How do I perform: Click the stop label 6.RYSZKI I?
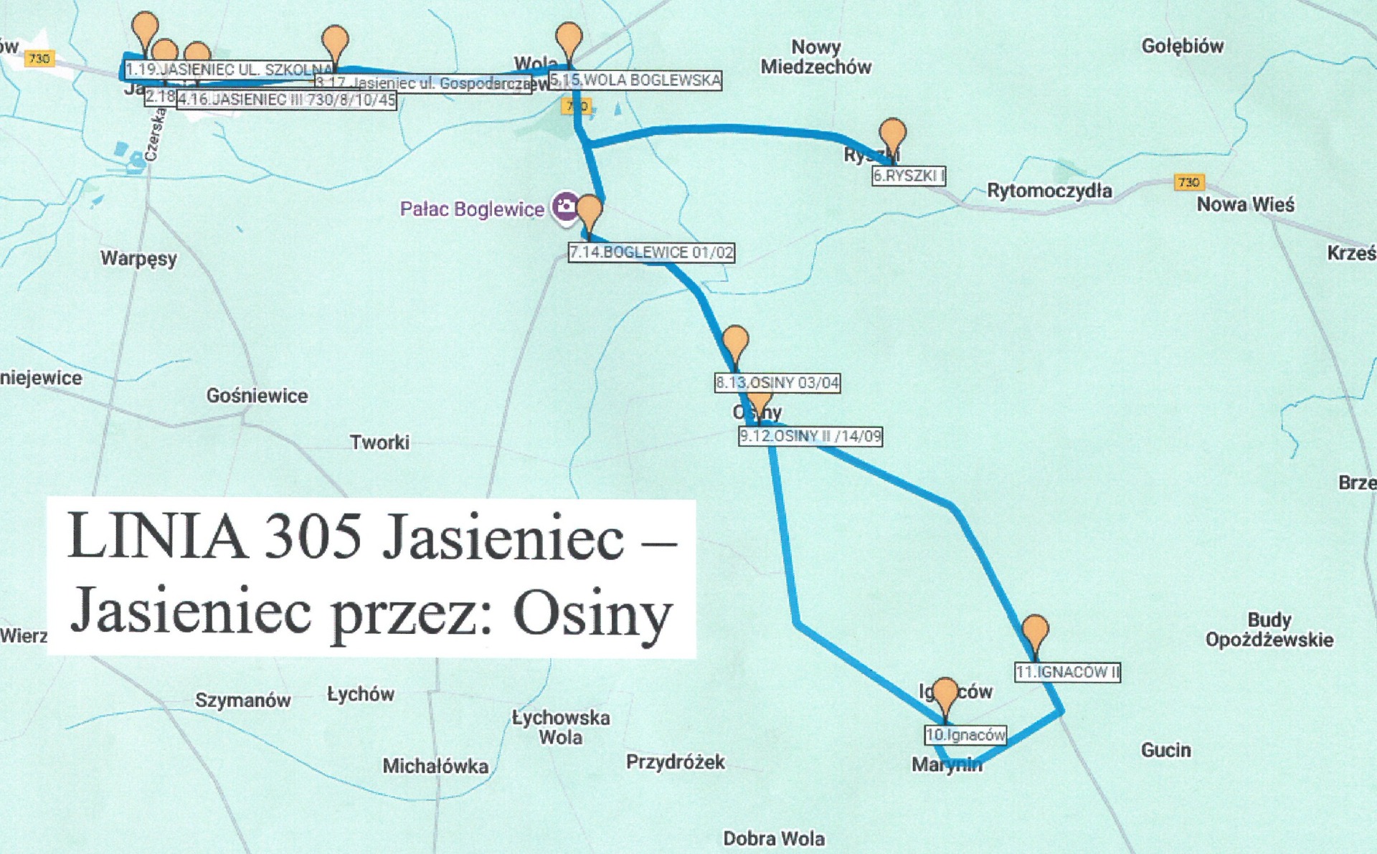point(908,176)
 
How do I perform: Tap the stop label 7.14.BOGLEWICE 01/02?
point(651,252)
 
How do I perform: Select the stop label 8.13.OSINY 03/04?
point(777,383)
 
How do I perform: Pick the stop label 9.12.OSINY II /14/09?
point(810,436)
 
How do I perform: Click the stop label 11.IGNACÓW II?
point(1067,673)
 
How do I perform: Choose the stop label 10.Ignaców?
point(965,735)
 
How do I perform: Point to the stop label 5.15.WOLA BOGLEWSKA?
point(635,80)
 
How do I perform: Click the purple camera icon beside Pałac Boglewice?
point(564,207)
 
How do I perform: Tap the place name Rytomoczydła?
point(1049,191)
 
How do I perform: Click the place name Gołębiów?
point(1182,47)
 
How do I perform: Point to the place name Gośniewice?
point(257,396)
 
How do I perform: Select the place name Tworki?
point(379,442)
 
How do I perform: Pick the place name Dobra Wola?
point(773,838)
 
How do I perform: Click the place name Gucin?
point(1165,750)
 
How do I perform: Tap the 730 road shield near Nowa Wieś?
point(1188,182)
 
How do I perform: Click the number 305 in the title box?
point(313,536)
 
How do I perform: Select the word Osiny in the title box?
point(592,614)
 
